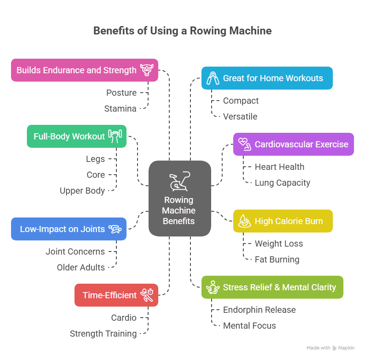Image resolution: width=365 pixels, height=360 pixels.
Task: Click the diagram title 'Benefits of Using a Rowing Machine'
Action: (182, 31)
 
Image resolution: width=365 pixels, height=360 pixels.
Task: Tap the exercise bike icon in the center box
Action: (179, 181)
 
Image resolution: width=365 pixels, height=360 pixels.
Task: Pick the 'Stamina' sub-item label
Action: (120, 109)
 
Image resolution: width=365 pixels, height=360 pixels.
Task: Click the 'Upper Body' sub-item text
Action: (82, 191)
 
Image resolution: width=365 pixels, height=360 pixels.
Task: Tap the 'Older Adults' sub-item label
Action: (81, 267)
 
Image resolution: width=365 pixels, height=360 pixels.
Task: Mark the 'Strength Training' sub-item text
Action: (103, 334)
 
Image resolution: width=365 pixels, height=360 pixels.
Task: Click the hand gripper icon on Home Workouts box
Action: (213, 78)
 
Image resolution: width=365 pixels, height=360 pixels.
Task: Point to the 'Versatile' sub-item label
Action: (240, 116)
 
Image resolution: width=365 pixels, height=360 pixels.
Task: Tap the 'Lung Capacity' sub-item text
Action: (282, 183)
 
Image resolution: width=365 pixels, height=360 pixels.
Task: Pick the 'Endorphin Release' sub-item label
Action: (259, 310)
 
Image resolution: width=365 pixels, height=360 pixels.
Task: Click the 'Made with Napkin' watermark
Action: (331, 348)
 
